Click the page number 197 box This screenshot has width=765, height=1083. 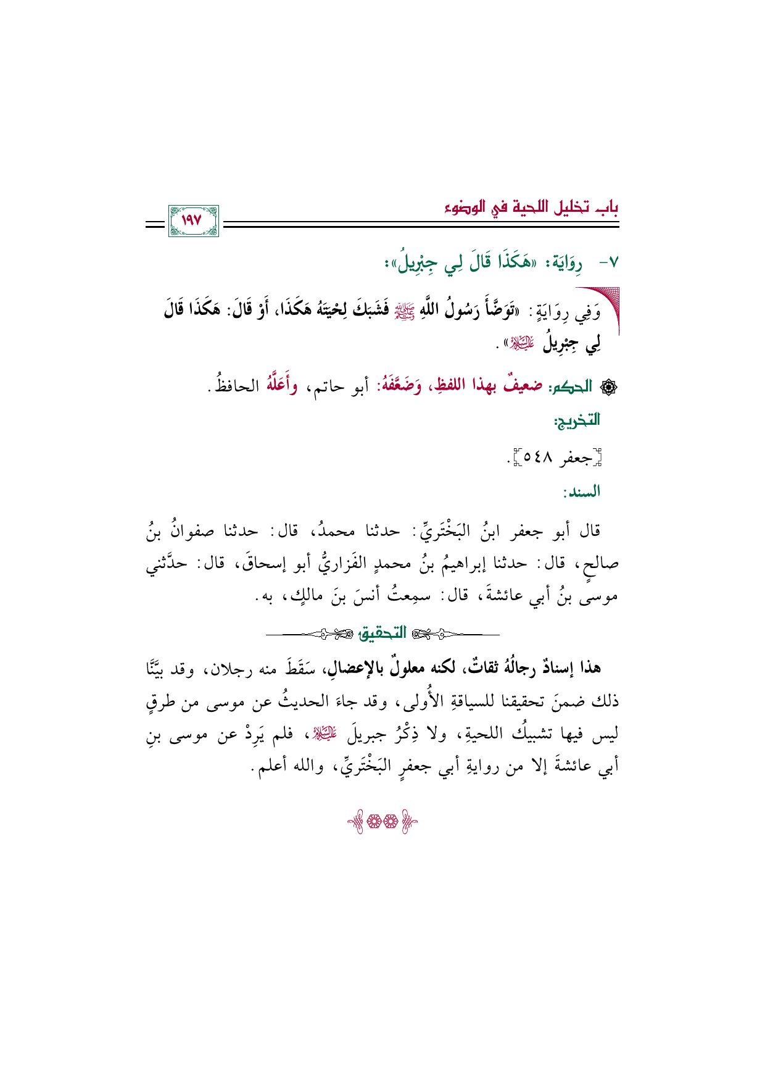(x=193, y=220)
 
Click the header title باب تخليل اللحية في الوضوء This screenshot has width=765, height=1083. (x=532, y=207)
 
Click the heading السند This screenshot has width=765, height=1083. (x=581, y=492)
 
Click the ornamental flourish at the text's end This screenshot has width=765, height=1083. (x=382, y=821)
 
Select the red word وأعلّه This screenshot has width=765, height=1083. (x=281, y=385)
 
